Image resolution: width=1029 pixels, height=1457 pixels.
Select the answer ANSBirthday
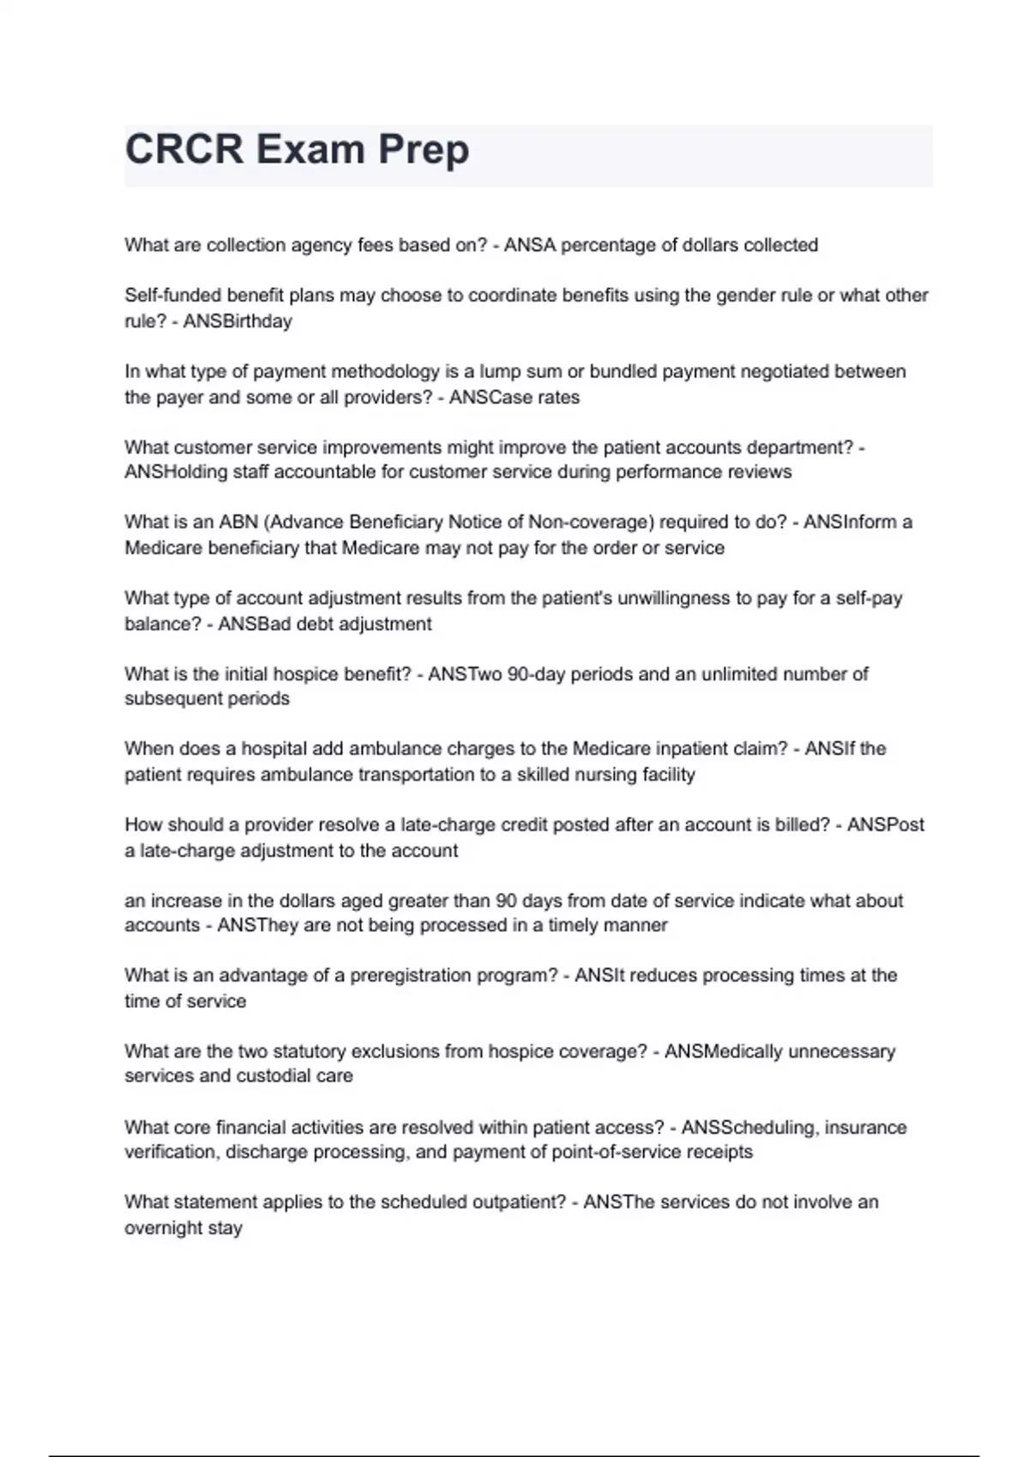(x=238, y=321)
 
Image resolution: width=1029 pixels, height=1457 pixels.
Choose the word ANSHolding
(x=171, y=472)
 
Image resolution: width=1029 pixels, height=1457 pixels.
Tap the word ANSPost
(x=886, y=824)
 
